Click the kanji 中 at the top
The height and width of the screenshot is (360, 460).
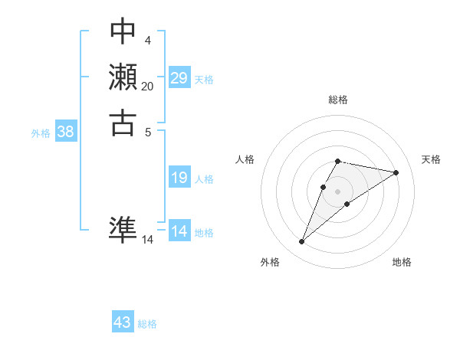pyautogui.click(x=123, y=31)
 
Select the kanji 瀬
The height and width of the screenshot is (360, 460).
pyautogui.click(x=123, y=77)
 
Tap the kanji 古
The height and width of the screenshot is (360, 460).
pyautogui.click(x=123, y=123)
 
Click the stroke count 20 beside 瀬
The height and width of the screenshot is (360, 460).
pyautogui.click(x=147, y=87)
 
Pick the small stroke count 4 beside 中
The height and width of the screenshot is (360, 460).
pyautogui.click(x=147, y=40)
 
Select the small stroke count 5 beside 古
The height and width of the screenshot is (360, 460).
pyautogui.click(x=147, y=132)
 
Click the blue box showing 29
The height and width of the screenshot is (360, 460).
pyautogui.click(x=179, y=78)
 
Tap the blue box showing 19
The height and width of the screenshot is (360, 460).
pyautogui.click(x=179, y=178)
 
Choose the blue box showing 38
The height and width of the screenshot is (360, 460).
pyautogui.click(x=66, y=132)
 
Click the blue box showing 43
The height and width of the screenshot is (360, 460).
pyautogui.click(x=123, y=322)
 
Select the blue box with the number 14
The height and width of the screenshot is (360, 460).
pyautogui.click(x=179, y=231)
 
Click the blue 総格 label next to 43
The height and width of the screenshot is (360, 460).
pyautogui.click(x=147, y=324)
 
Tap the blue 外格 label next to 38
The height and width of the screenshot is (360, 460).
pyautogui.click(x=41, y=133)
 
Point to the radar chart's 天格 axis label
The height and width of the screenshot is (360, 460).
pyautogui.click(x=431, y=159)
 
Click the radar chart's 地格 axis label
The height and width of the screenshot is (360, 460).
pyautogui.click(x=402, y=262)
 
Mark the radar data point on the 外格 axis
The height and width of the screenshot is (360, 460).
pyautogui.click(x=302, y=242)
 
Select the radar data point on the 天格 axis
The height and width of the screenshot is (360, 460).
pyautogui.click(x=396, y=172)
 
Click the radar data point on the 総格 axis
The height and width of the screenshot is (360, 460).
pyautogui.click(x=338, y=161)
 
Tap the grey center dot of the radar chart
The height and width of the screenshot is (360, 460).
pyautogui.click(x=338, y=191)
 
